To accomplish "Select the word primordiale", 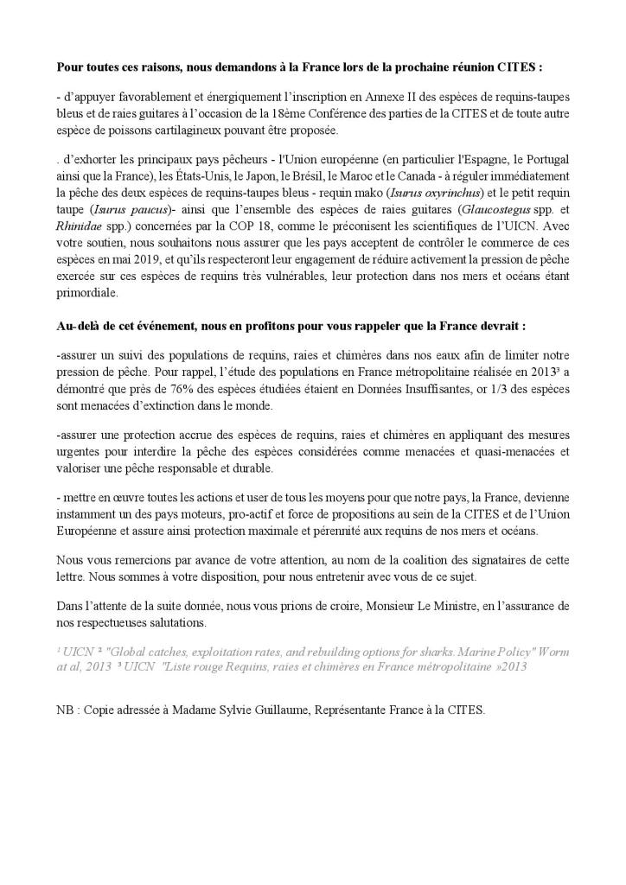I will point(87,293).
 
